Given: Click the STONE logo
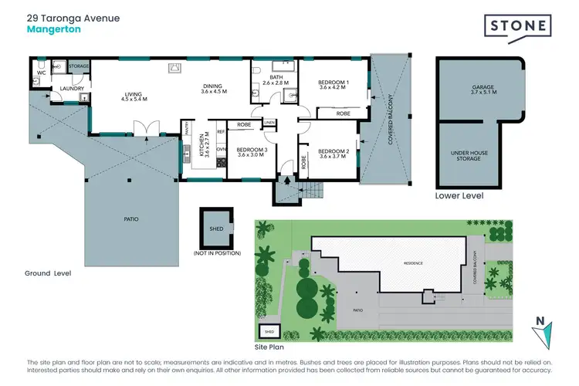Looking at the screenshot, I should point(518,26).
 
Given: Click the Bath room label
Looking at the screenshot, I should point(276,80).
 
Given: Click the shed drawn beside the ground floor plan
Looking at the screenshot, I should point(216,228).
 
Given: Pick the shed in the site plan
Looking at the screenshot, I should point(269,331).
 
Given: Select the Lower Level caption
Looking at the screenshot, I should point(459,196).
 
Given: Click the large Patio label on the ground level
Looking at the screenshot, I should point(130,219).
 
